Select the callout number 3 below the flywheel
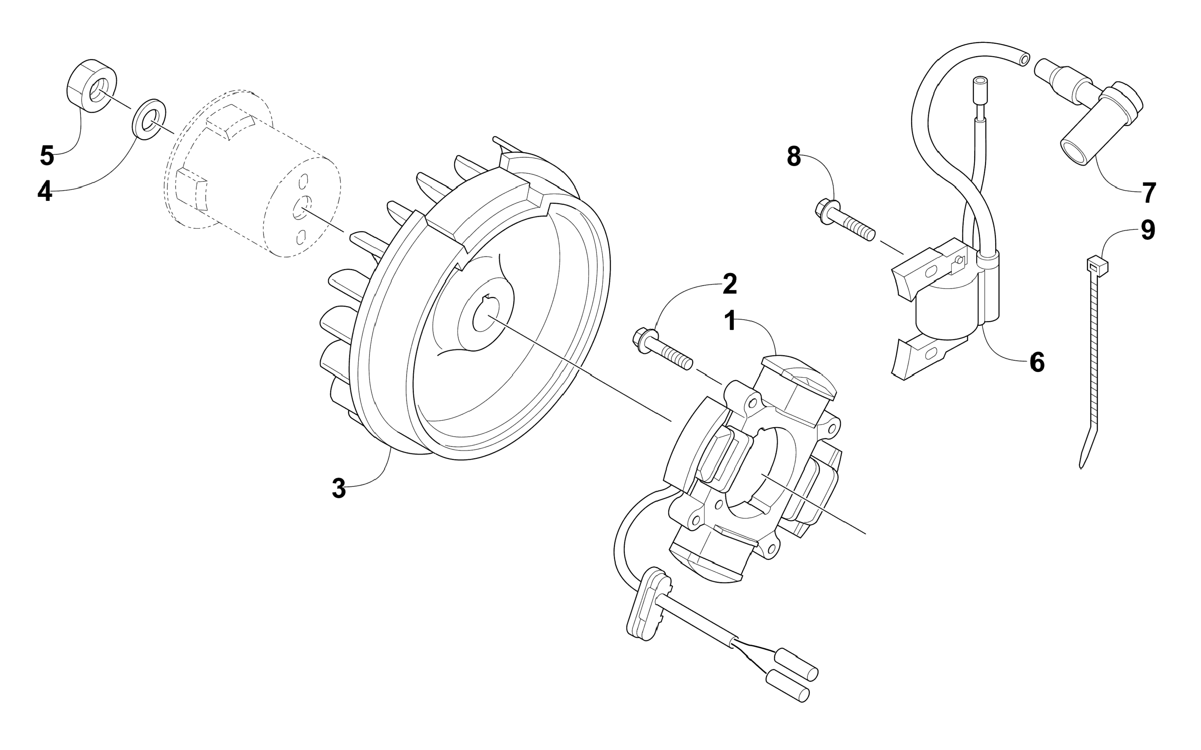tap(339, 488)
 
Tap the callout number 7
tap(1149, 193)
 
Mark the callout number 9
tap(1148, 230)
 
